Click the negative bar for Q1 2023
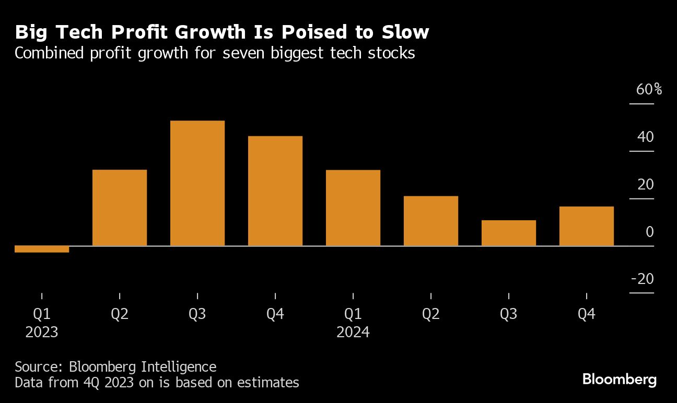pyautogui.click(x=42, y=249)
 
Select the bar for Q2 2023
pyautogui.click(x=120, y=208)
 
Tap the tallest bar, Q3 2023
pyautogui.click(x=197, y=183)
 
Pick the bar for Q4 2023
pyautogui.click(x=275, y=191)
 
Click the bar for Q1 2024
pyautogui.click(x=353, y=208)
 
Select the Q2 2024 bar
pyautogui.click(x=431, y=221)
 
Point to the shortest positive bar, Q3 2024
pyautogui.click(x=509, y=233)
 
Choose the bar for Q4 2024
pyautogui.click(x=586, y=226)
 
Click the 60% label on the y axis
pyautogui.click(x=649, y=90)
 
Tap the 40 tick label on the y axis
pyautogui.click(x=646, y=137)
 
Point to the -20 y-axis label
pyautogui.click(x=643, y=279)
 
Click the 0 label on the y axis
pyautogui.click(x=650, y=232)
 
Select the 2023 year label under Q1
pyautogui.click(x=42, y=332)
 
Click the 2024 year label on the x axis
pyautogui.click(x=353, y=332)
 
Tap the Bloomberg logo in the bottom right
pyautogui.click(x=620, y=380)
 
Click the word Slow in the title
pyautogui.click(x=405, y=32)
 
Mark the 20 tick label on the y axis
pyautogui.click(x=646, y=185)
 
